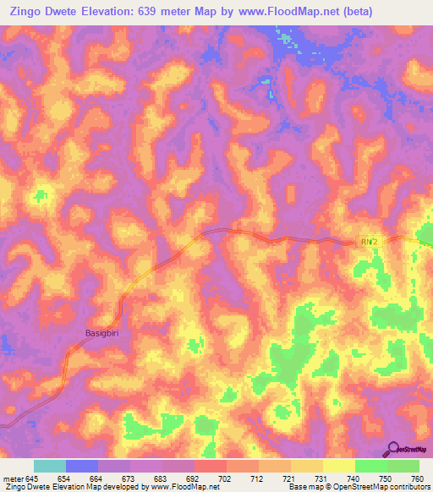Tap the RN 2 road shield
tap(366, 243)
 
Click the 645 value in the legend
tap(33, 478)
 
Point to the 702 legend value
tap(225, 478)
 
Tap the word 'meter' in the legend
tap(13, 478)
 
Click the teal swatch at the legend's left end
tap(50, 466)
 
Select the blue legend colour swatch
tap(82, 466)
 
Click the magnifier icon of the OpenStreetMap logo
tap(394, 448)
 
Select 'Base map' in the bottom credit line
tap(304, 487)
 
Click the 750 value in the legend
tap(386, 478)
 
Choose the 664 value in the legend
tap(96, 478)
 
